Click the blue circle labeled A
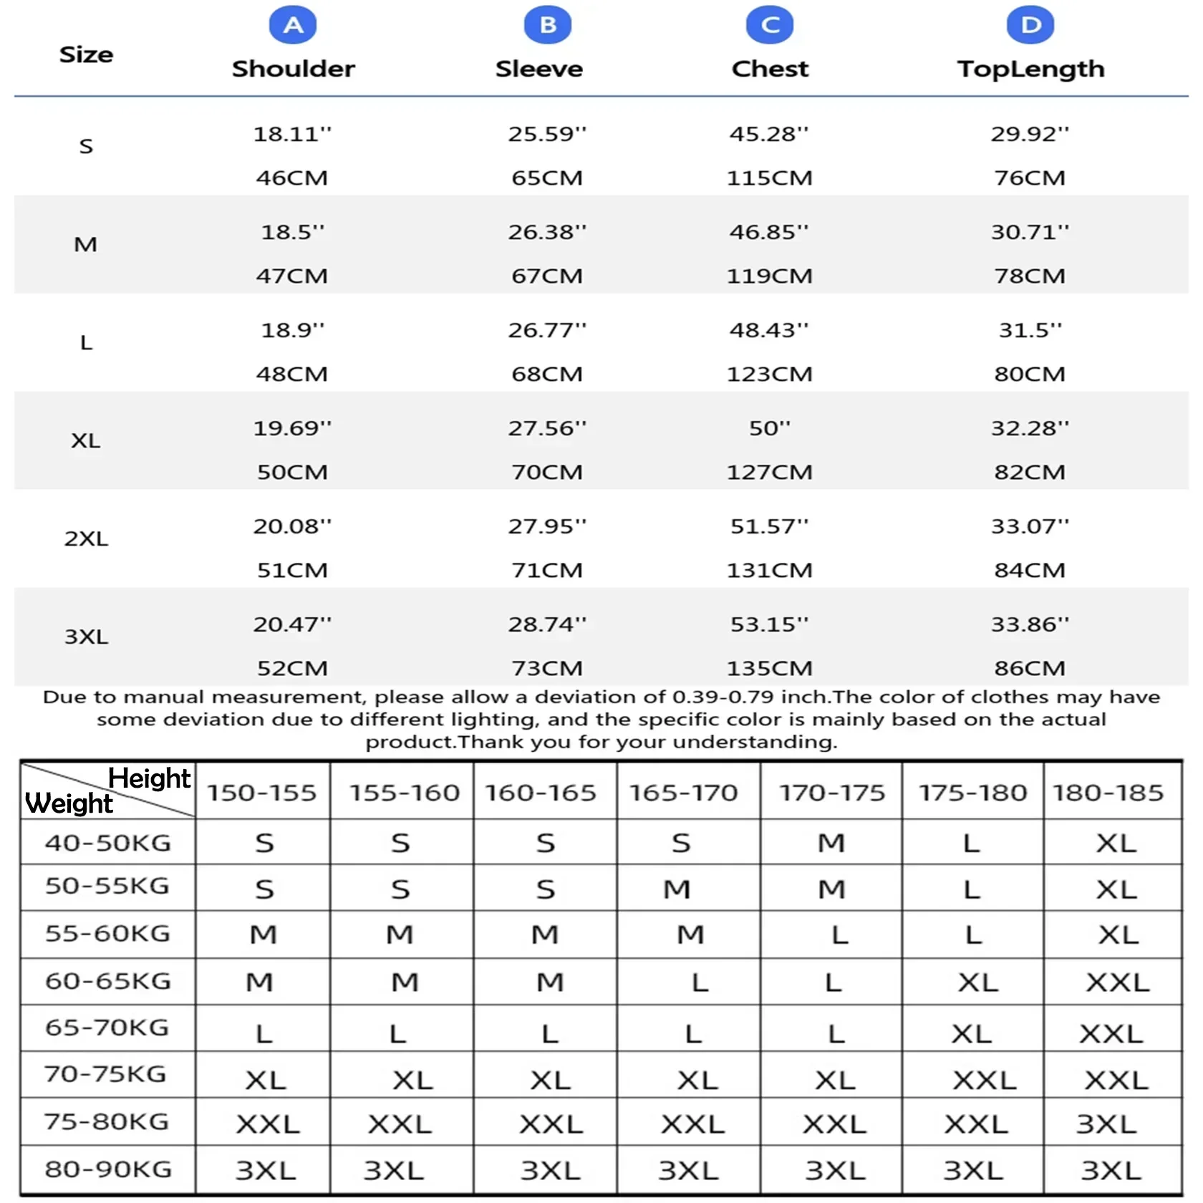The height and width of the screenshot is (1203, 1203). coord(293,25)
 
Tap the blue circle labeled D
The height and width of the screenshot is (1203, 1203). coord(1030,25)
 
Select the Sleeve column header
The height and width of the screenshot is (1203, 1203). coord(539,69)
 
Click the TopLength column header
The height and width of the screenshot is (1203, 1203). coord(1030,69)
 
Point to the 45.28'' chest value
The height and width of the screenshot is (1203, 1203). coord(768,134)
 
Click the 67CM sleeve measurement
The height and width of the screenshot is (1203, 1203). coord(547,276)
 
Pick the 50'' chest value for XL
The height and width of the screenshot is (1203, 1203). coord(770,428)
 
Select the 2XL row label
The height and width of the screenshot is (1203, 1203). coord(86,538)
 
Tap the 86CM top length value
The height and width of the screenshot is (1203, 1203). coord(1030,668)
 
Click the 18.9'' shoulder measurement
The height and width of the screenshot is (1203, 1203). coord(292,330)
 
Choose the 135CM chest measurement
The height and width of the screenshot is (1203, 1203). coord(770,668)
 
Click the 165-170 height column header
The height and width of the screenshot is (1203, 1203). coord(683,793)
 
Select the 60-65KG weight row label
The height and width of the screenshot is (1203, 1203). coord(108,981)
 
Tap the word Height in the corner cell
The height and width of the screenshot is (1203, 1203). coord(149,778)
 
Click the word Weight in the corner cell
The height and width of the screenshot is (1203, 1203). coord(69,804)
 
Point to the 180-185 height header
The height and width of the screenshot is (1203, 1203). coord(1108,793)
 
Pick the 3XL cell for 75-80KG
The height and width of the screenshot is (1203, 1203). coord(1106,1124)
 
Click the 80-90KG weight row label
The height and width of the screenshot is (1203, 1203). coord(108,1169)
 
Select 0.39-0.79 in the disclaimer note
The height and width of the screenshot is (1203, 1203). coord(723,697)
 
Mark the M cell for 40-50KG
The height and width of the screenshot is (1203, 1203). coord(831,843)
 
